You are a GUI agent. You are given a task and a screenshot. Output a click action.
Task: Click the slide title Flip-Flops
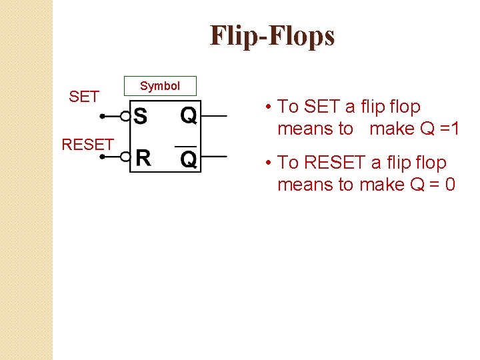click(x=272, y=36)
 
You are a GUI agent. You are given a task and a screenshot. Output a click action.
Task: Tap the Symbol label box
click(x=160, y=86)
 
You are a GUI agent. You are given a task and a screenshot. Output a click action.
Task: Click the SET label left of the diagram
click(x=84, y=97)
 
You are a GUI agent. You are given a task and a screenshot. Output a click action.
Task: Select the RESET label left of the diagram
click(x=87, y=144)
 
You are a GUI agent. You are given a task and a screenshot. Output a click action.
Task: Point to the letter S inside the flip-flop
click(x=140, y=117)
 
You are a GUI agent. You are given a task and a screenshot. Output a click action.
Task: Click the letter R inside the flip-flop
click(x=142, y=158)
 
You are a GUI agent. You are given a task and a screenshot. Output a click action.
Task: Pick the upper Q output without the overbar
click(x=189, y=116)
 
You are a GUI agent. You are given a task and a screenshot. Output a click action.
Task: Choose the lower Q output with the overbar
click(x=189, y=160)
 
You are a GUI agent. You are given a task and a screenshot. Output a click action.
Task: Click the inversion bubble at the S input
click(x=125, y=116)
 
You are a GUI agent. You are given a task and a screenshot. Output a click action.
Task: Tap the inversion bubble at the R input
click(x=125, y=158)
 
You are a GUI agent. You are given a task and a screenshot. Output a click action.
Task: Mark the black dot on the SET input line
click(x=101, y=116)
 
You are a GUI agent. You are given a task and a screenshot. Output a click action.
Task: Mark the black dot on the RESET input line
click(x=101, y=158)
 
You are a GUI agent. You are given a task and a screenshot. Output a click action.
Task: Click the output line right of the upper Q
click(x=213, y=116)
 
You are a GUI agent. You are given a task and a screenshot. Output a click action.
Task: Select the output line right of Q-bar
click(x=213, y=158)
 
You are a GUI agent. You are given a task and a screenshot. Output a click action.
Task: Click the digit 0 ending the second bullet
click(x=449, y=184)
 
